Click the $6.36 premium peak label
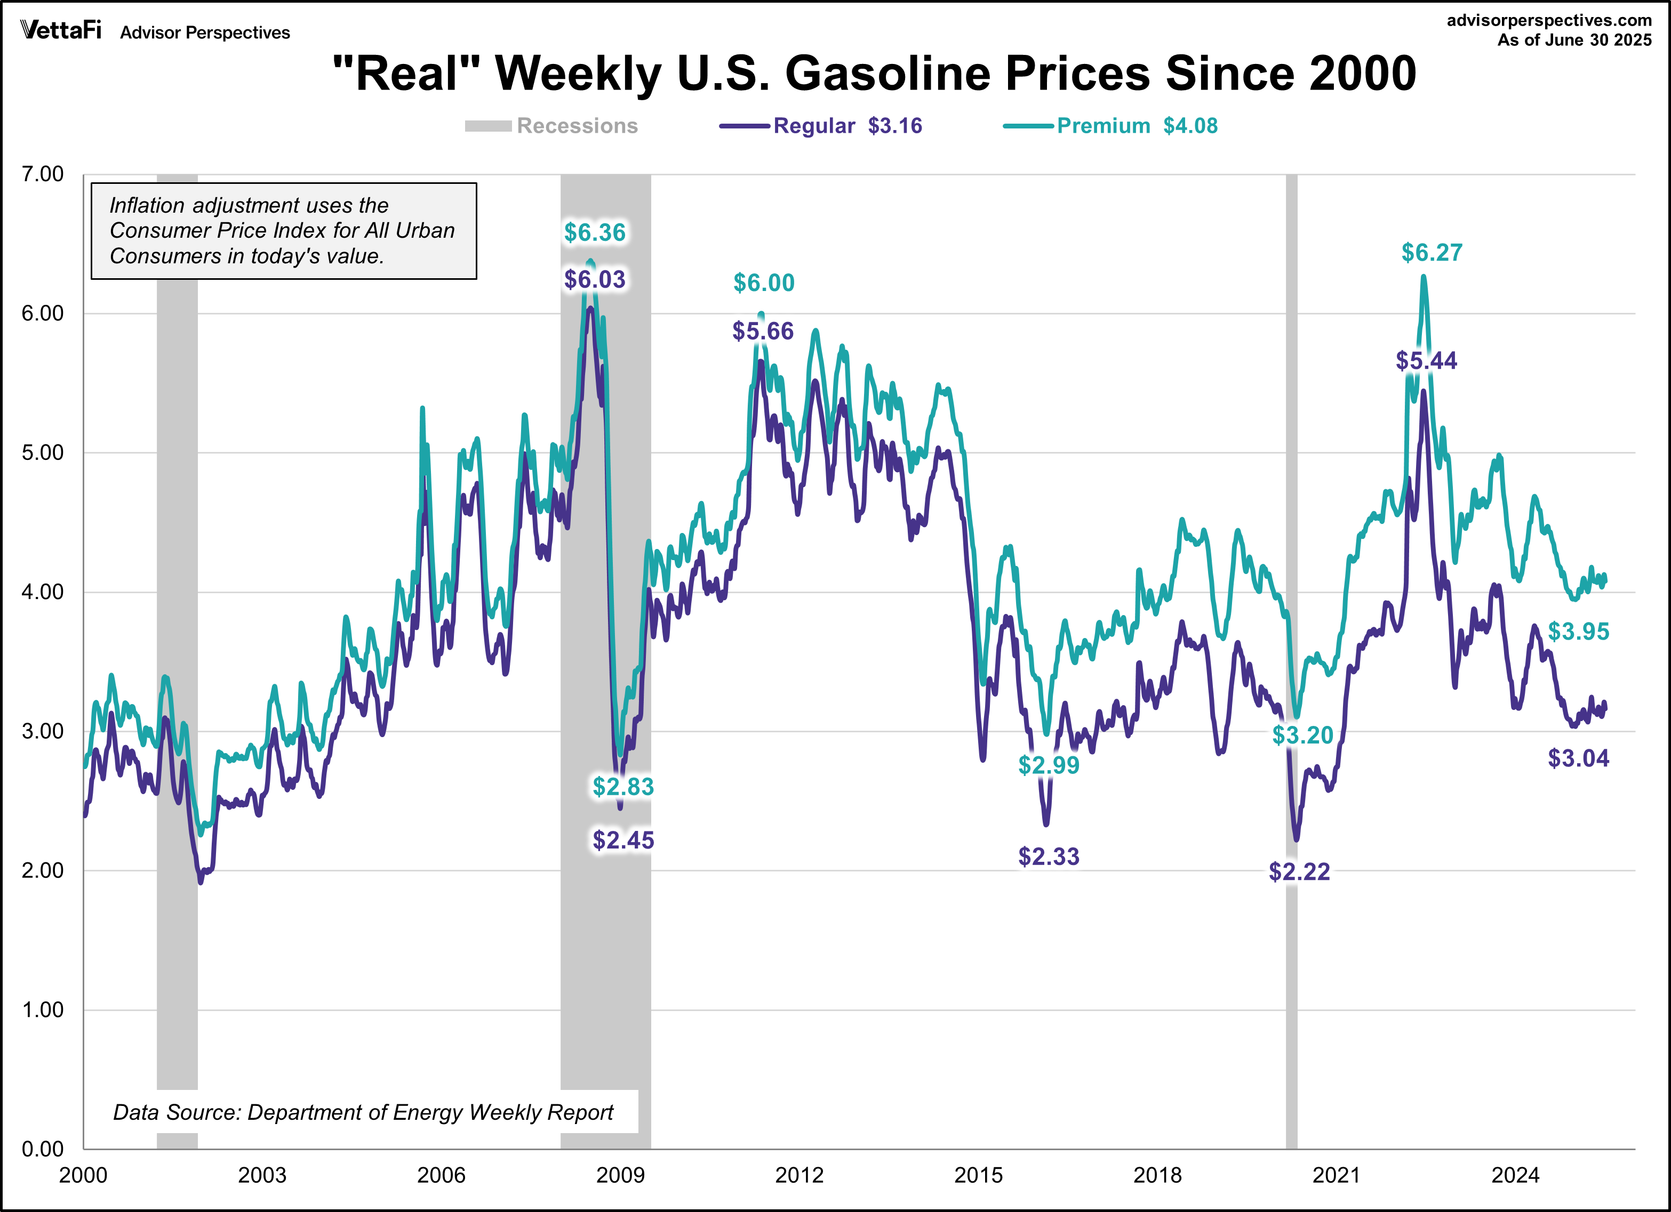595,233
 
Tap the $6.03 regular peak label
595,280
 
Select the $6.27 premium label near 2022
1432,253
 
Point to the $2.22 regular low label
1299,872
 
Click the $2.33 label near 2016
1049,857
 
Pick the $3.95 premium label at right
1578,631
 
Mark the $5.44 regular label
1426,361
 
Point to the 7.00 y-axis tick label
43,174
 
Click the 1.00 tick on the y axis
43,1009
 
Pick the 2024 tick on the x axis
1515,1175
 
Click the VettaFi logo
60,30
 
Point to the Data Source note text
363,1112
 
